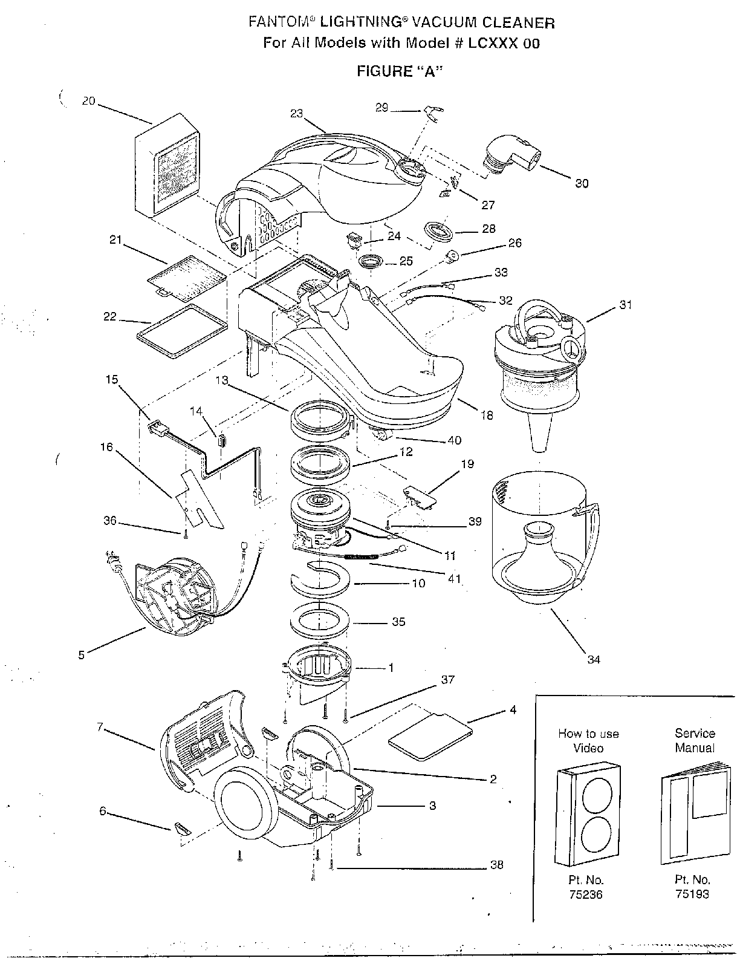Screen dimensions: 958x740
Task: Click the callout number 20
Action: [x=88, y=102]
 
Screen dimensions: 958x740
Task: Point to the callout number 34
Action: [x=594, y=659]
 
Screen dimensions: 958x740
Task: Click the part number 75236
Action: [x=586, y=894]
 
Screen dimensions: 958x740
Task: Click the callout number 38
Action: [x=496, y=865]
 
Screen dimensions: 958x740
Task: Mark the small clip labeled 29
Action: [x=432, y=111]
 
